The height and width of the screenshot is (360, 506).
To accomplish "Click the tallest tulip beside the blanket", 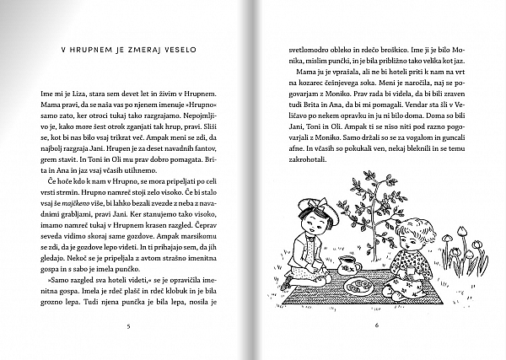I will coord(462,230).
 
